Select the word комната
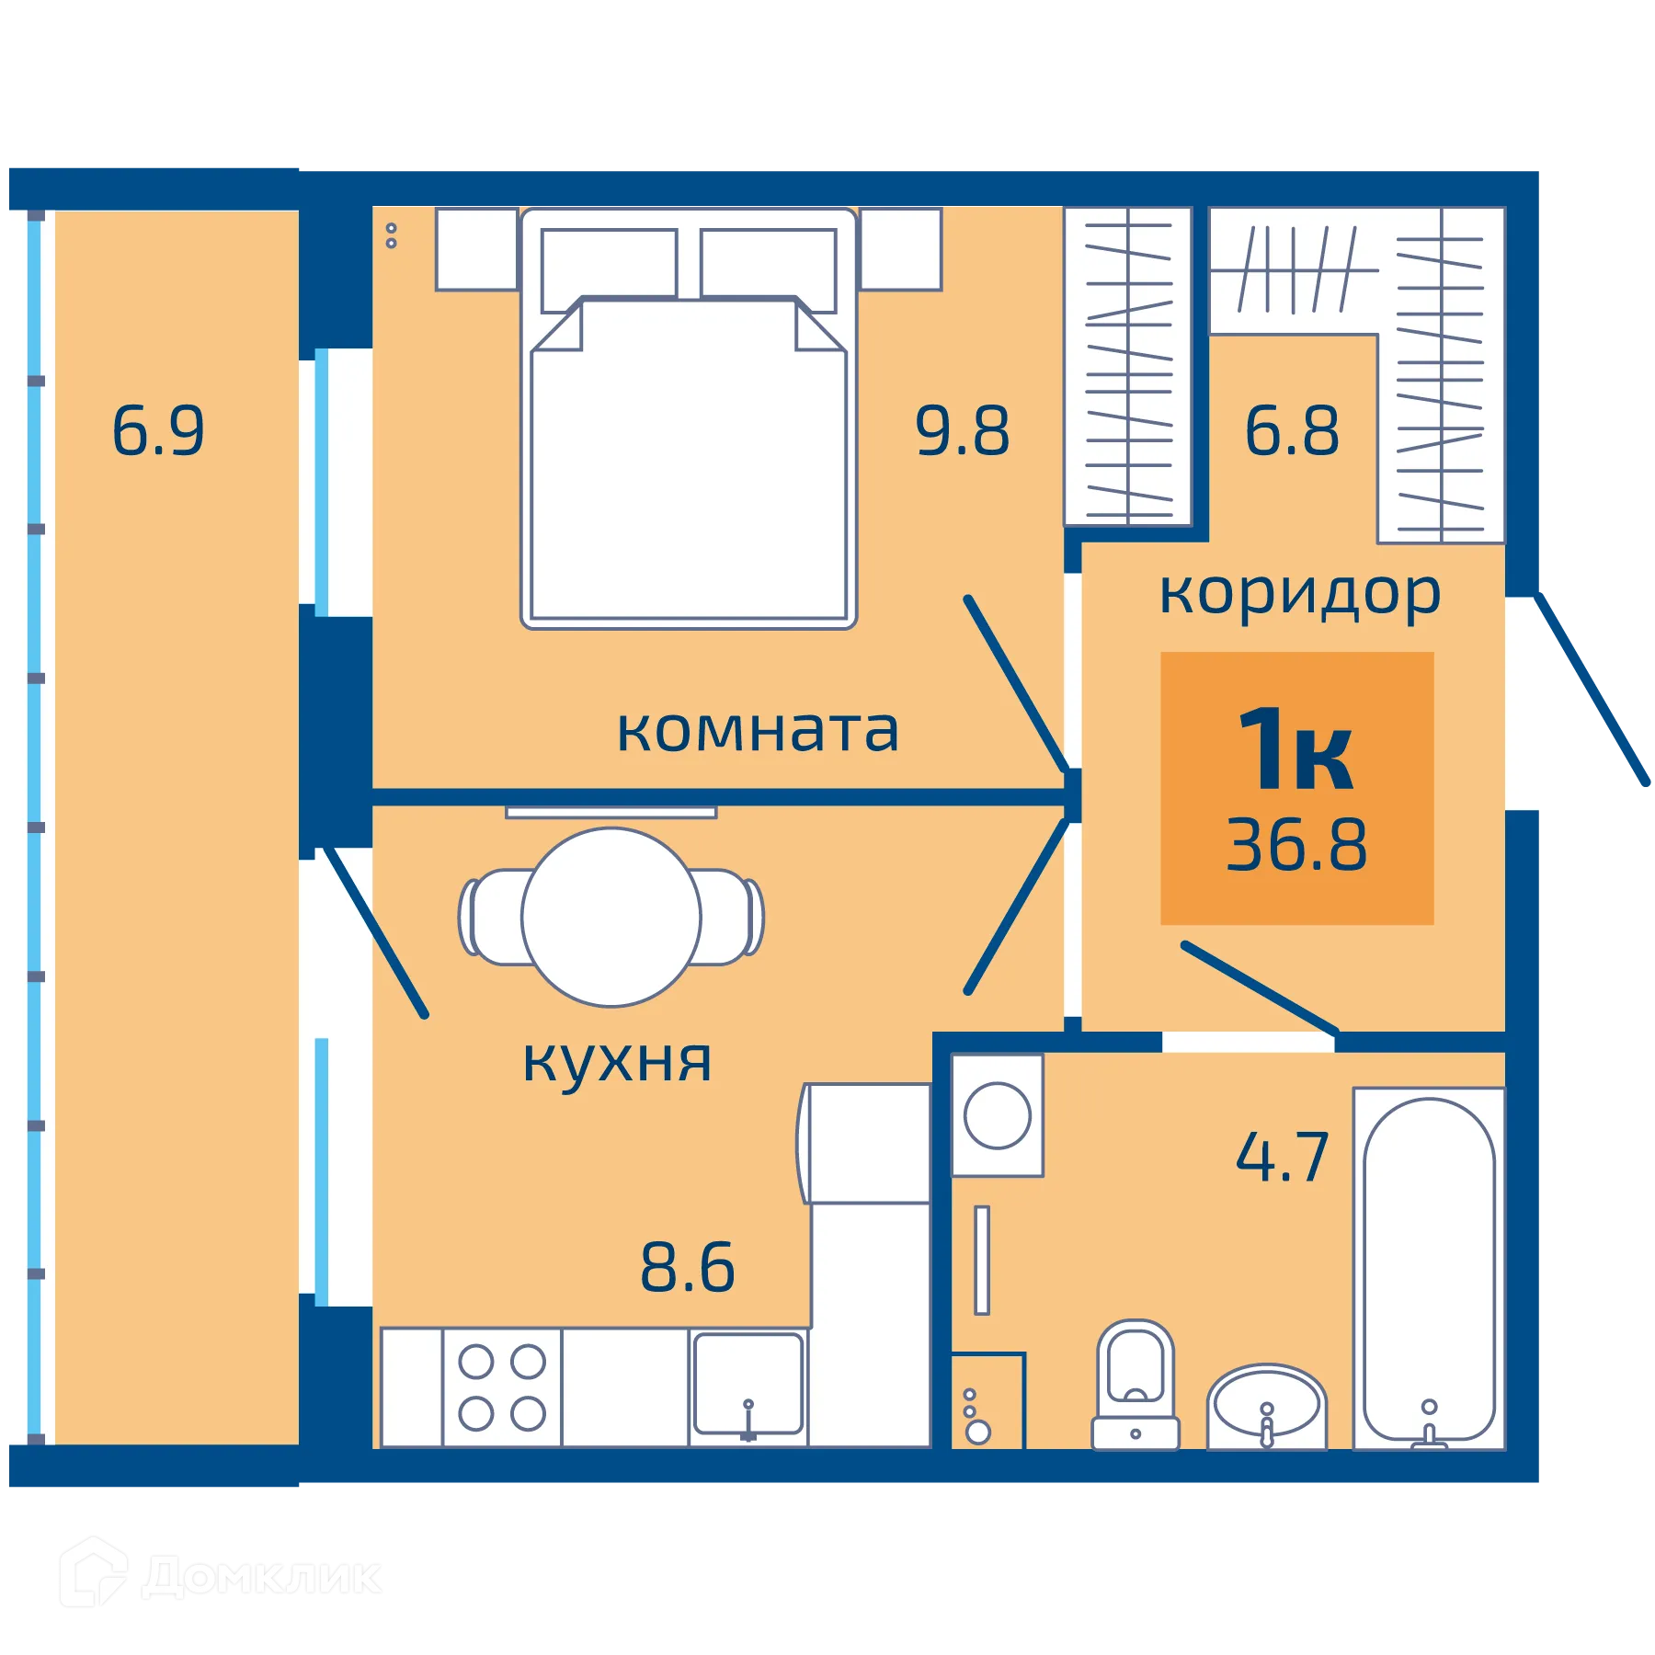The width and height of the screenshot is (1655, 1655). click(x=757, y=731)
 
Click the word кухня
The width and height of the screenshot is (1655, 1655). click(x=617, y=1062)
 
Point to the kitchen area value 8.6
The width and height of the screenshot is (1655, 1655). click(x=688, y=1267)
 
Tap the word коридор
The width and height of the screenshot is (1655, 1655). click(x=1299, y=595)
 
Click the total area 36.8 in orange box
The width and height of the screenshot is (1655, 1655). click(x=1296, y=844)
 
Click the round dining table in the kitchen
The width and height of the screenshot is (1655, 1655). click(x=611, y=917)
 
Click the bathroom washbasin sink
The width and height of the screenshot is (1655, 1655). click(x=1266, y=1403)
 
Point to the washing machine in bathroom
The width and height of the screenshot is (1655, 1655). click(x=998, y=1115)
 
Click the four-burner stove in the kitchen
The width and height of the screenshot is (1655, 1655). click(x=502, y=1387)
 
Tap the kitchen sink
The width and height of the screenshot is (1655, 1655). click(x=748, y=1385)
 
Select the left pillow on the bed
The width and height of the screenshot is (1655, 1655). click(x=609, y=270)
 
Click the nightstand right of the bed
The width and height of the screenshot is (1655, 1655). click(x=901, y=249)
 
